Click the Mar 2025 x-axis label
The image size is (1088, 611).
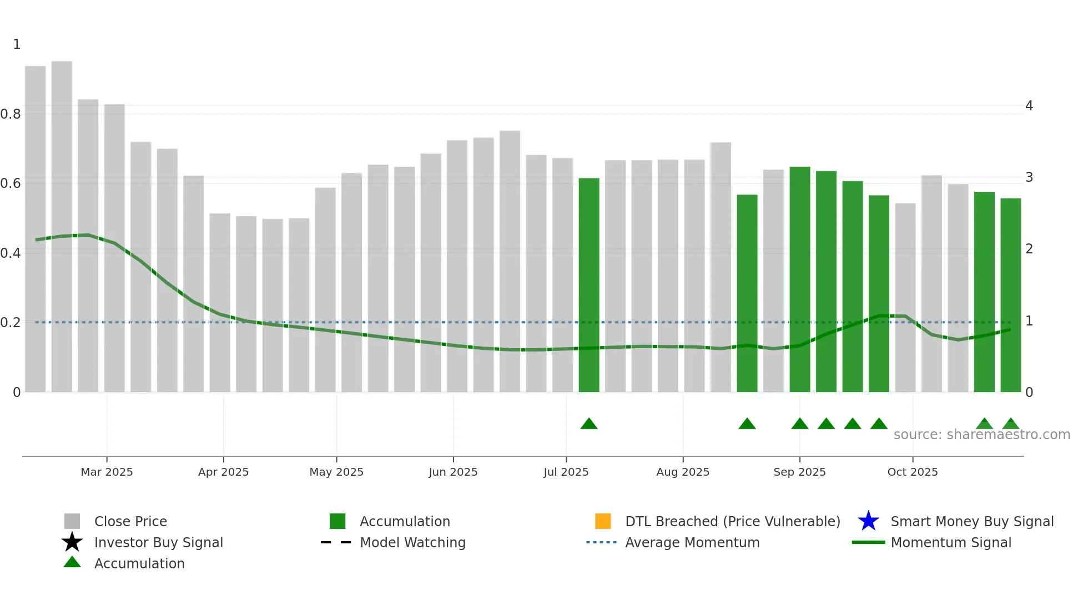pyautogui.click(x=107, y=472)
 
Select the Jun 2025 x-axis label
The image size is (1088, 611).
pyautogui.click(x=453, y=472)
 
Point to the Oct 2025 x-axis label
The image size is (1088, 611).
pyautogui.click(x=913, y=472)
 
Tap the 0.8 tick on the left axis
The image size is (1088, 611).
pyautogui.click(x=11, y=114)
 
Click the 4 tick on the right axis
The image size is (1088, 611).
pyautogui.click(x=1029, y=106)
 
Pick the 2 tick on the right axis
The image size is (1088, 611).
pyautogui.click(x=1029, y=249)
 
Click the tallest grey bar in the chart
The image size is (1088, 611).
pyautogui.click(x=62, y=222)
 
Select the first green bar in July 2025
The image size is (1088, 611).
pyautogui.click(x=589, y=283)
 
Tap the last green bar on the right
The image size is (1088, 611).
pyautogui.click(x=1011, y=294)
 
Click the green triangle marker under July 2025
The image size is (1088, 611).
pyautogui.click(x=589, y=424)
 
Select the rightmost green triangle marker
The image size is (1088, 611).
pyautogui.click(x=1011, y=424)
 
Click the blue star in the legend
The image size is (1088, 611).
pyautogui.click(x=868, y=521)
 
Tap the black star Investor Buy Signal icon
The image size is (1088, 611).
pyautogui.click(x=72, y=542)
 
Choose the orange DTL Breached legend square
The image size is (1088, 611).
pyautogui.click(x=603, y=521)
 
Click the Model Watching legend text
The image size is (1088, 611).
pyautogui.click(x=412, y=542)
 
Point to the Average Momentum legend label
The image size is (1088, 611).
pyautogui.click(x=692, y=542)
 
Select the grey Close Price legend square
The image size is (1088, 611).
pyautogui.click(x=72, y=521)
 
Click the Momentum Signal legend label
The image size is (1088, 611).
pyautogui.click(x=951, y=542)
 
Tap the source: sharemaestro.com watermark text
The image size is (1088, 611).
pyautogui.click(x=981, y=435)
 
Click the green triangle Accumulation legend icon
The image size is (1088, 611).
pyautogui.click(x=72, y=562)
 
